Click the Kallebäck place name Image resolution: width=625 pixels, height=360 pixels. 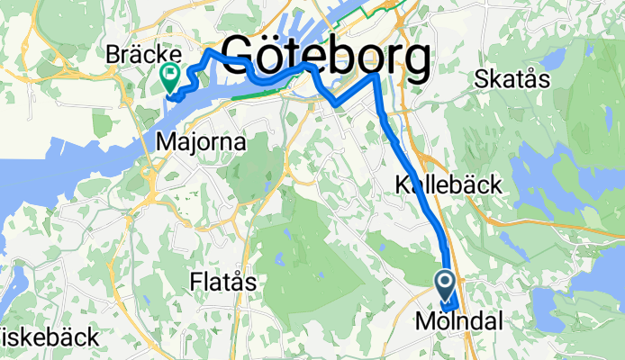(448, 185)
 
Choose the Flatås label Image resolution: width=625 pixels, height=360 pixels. (223, 282)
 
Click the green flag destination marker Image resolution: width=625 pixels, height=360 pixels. (170, 76)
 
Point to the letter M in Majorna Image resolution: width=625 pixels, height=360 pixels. (165, 141)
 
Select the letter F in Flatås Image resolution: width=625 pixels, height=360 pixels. (196, 282)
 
